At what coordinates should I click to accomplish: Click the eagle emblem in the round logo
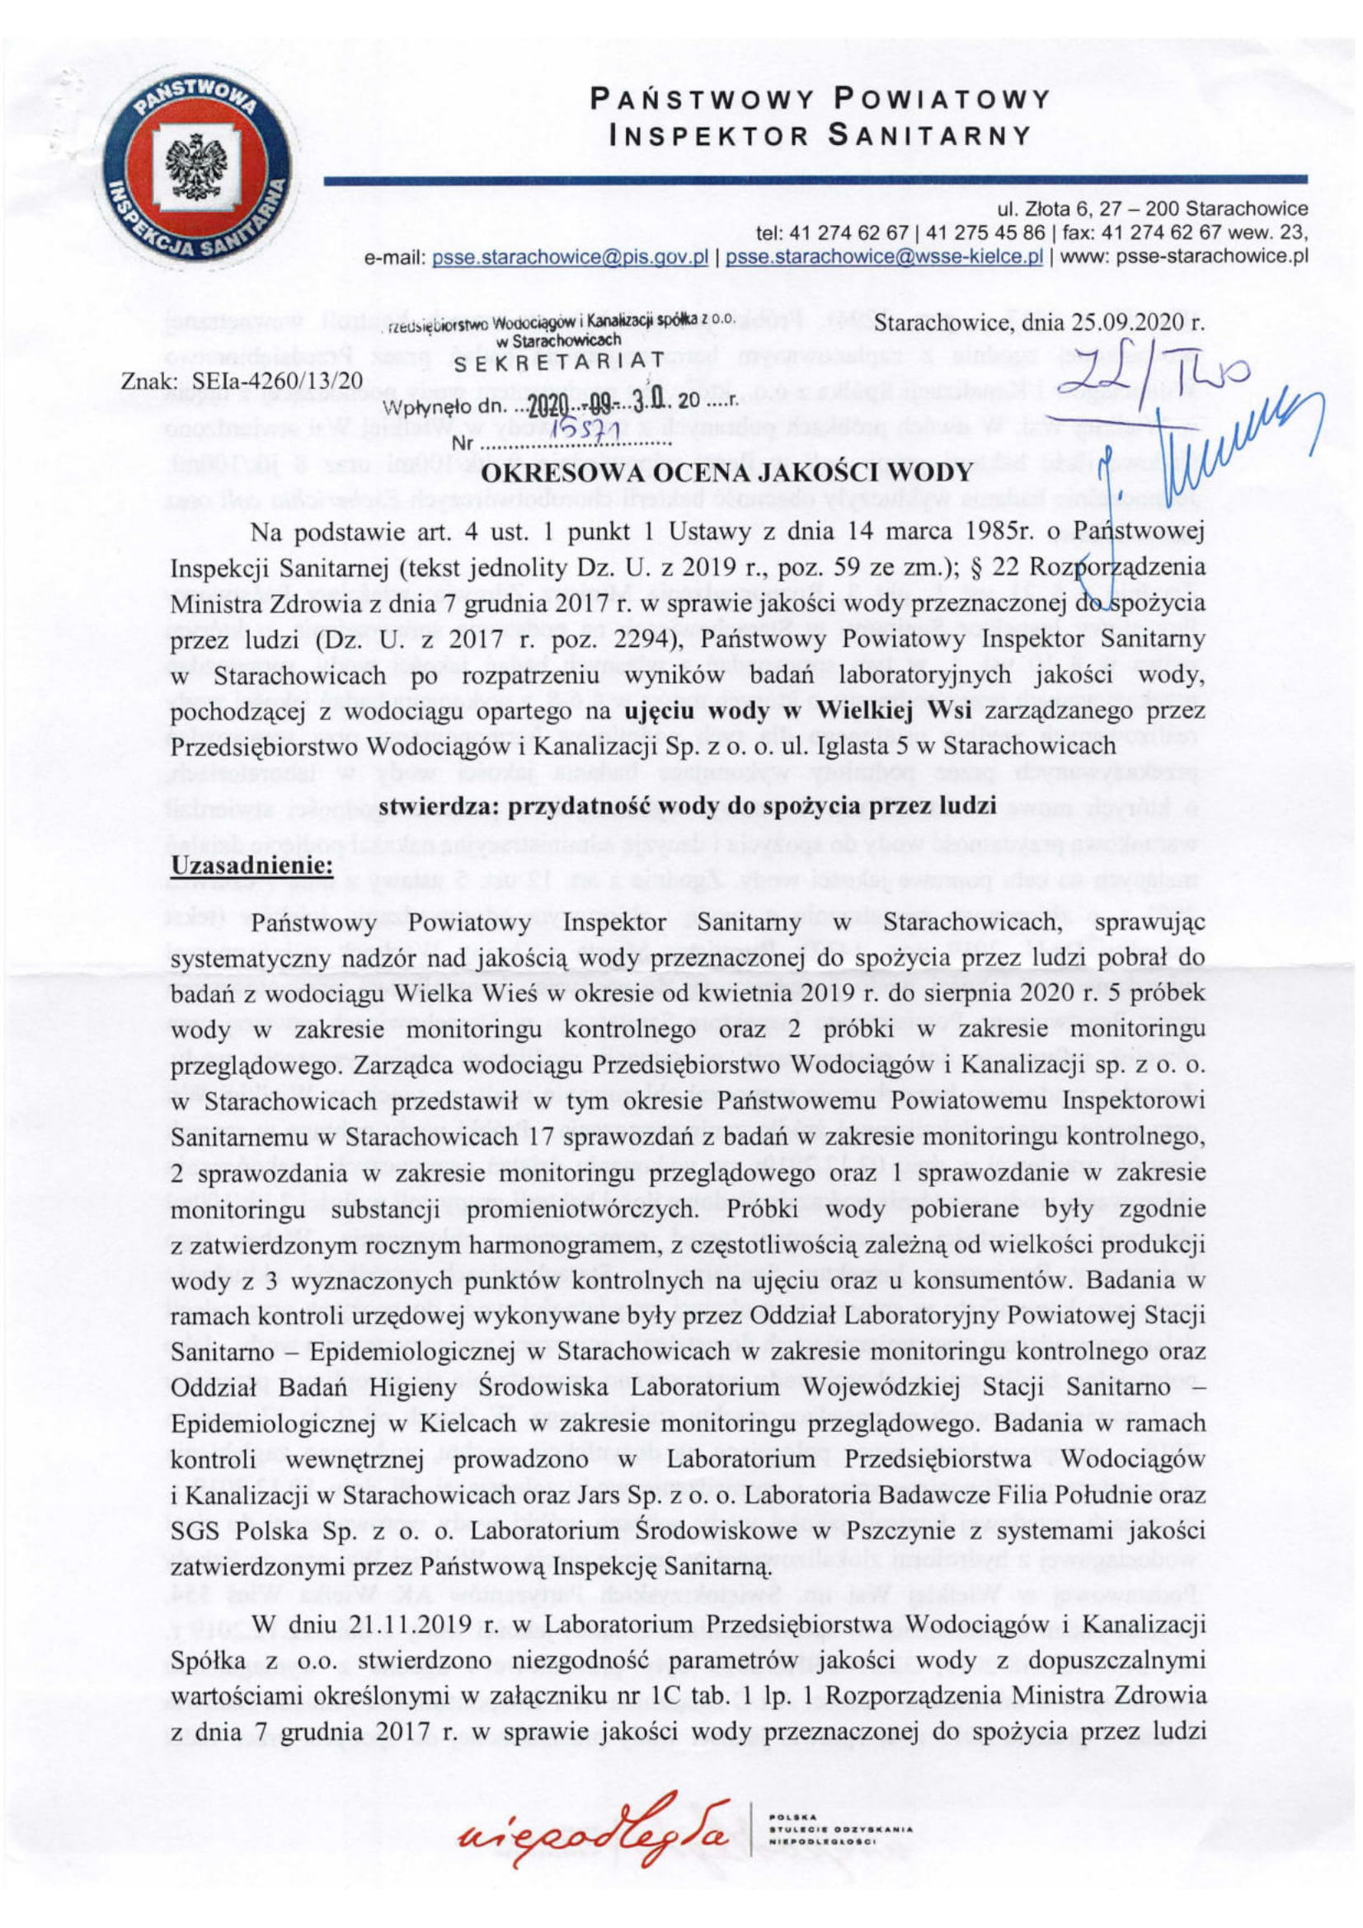[192, 162]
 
